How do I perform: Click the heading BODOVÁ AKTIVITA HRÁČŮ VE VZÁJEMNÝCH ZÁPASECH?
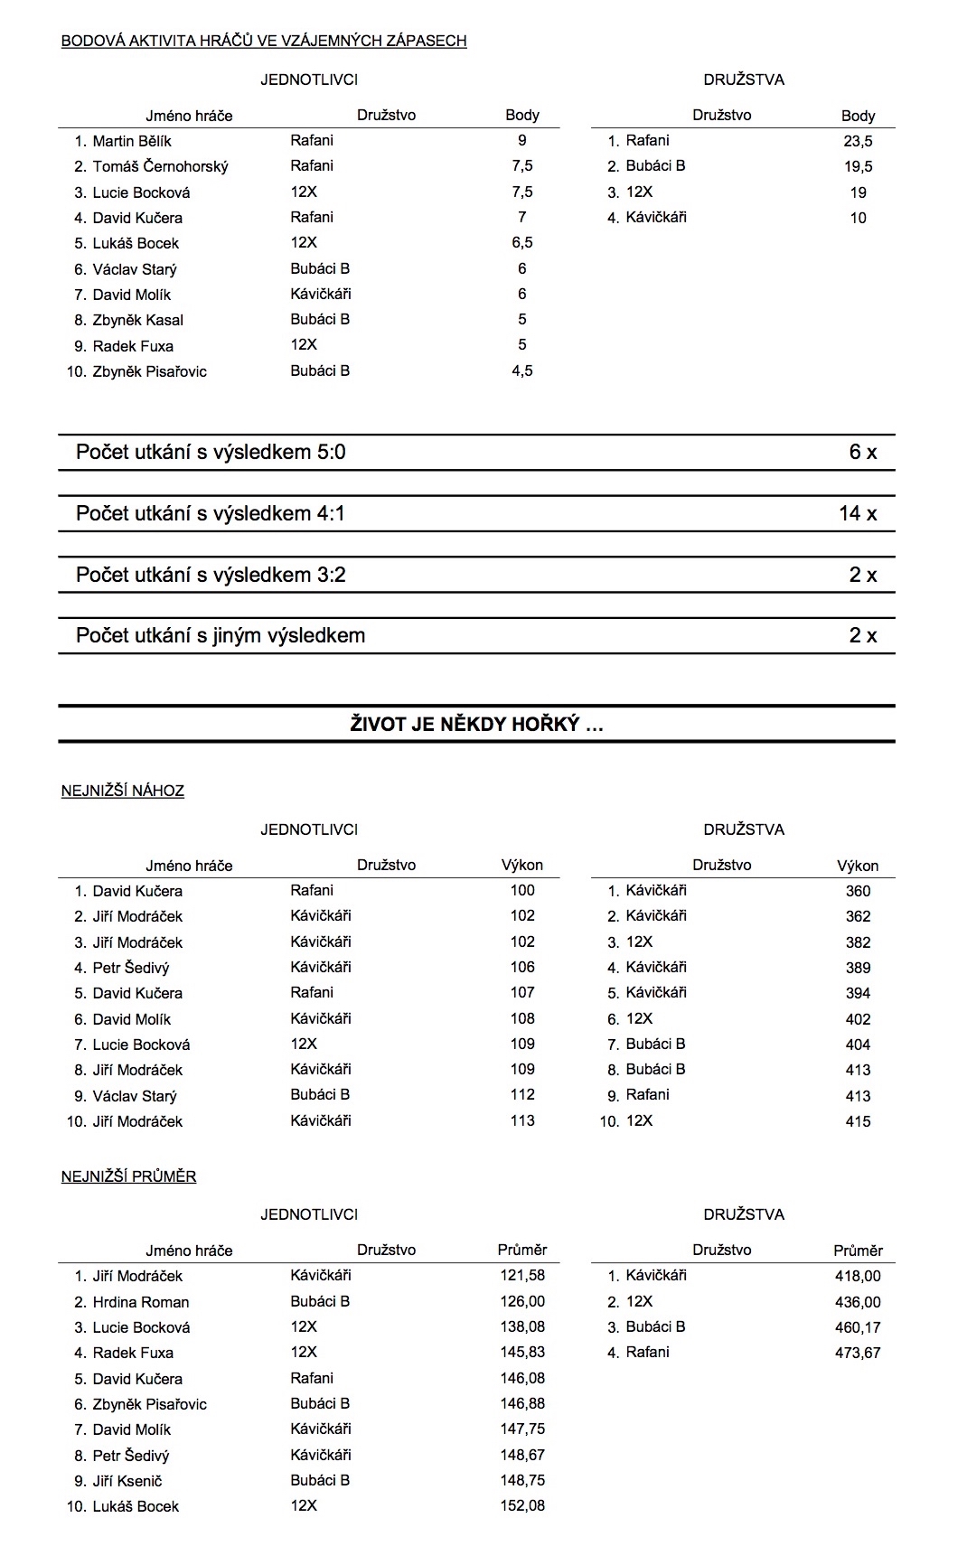click(264, 41)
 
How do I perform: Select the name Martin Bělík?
click(132, 141)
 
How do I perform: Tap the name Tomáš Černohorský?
click(160, 166)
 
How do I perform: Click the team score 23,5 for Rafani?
click(858, 141)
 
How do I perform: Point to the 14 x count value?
click(857, 513)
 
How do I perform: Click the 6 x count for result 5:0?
click(862, 452)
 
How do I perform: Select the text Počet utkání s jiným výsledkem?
click(221, 635)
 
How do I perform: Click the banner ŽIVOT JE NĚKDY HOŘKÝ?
click(476, 724)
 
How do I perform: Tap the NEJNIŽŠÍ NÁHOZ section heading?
click(123, 791)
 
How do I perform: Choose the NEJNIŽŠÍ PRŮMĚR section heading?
click(128, 1176)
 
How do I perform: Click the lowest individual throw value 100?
click(522, 890)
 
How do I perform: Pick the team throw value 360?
click(858, 891)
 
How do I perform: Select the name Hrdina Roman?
click(141, 1302)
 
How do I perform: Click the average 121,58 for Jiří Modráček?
click(522, 1276)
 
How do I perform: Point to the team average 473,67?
click(858, 1353)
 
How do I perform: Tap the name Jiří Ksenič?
click(127, 1481)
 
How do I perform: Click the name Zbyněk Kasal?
click(137, 320)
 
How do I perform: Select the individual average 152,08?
click(522, 1506)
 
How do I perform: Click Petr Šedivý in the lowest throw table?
click(131, 968)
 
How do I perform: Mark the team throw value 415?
click(858, 1121)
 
